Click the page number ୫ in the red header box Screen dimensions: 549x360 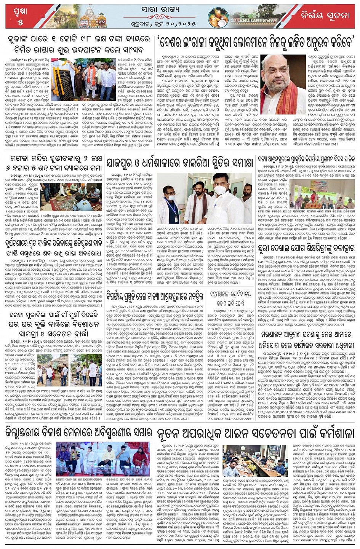point(20,22)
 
